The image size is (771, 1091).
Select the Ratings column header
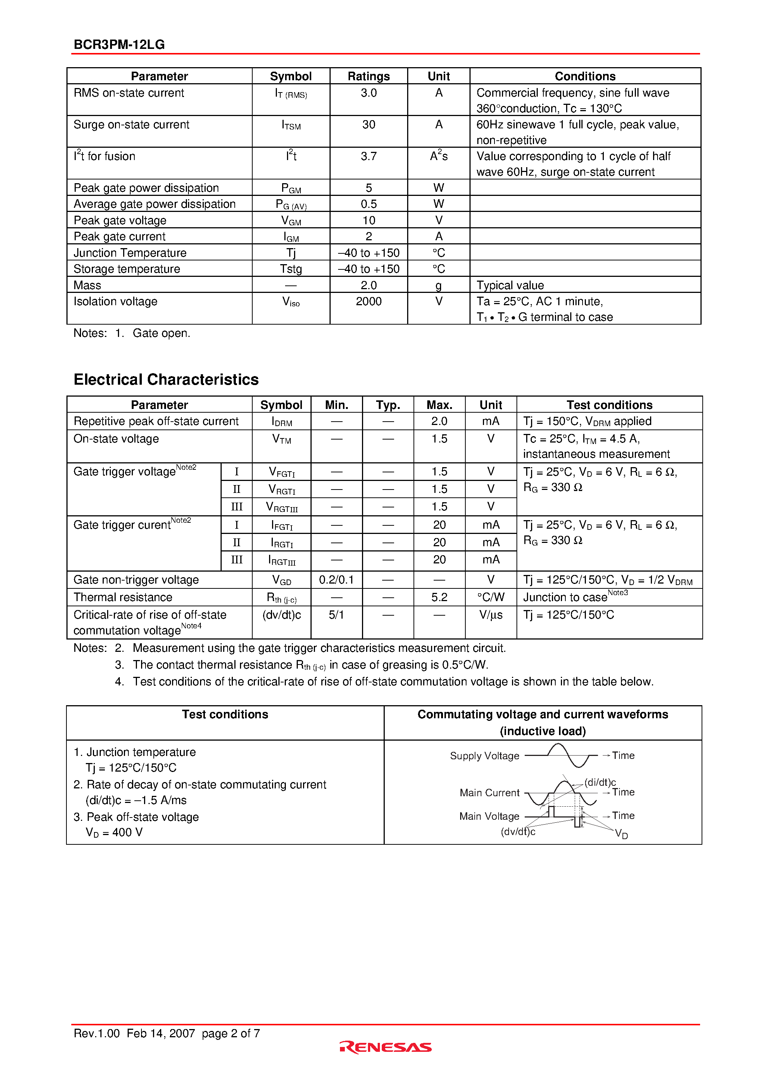click(x=368, y=76)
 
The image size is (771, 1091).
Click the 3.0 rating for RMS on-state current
click(x=368, y=93)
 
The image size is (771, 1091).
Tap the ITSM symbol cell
click(x=291, y=125)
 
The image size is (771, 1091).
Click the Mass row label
click(x=87, y=285)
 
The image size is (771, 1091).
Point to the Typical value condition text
click(x=510, y=285)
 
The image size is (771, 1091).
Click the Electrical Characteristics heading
click(x=166, y=380)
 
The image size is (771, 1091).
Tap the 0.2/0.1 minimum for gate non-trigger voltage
click(x=336, y=580)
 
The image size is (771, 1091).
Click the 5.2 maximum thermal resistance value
click(x=439, y=598)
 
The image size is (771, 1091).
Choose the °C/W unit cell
click(x=490, y=598)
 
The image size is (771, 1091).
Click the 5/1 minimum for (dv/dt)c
click(x=336, y=615)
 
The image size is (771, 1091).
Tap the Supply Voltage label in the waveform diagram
click(x=484, y=756)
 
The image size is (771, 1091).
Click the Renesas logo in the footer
click(x=385, y=1047)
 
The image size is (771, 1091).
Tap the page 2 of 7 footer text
click(x=231, y=1034)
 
